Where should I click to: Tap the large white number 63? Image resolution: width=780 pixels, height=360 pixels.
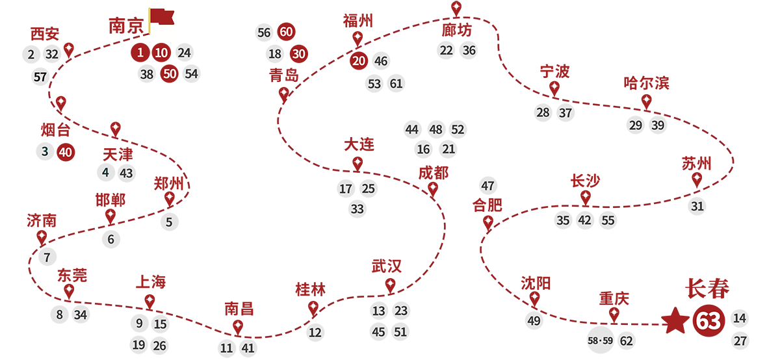[708, 322]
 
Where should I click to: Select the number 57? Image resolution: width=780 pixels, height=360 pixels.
[40, 77]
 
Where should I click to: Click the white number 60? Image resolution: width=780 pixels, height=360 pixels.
[286, 32]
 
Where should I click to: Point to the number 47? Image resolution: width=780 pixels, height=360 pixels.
[487, 186]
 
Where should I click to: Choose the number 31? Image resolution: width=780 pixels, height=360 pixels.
[697, 207]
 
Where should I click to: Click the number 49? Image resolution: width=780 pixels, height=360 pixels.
[534, 321]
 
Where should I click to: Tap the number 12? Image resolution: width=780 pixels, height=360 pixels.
[315, 333]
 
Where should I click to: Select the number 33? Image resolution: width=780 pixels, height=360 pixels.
[357, 209]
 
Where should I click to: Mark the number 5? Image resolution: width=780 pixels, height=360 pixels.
[169, 222]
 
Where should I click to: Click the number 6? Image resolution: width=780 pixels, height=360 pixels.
[110, 239]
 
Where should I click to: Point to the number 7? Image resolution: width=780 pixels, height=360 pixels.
[47, 257]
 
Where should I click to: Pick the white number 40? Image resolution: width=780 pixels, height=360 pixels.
[65, 152]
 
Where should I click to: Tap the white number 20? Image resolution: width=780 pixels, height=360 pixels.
[359, 61]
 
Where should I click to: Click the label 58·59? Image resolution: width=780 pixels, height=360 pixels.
[600, 341]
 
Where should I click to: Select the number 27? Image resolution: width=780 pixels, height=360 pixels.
[740, 341]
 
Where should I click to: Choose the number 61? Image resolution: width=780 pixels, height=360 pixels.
[396, 84]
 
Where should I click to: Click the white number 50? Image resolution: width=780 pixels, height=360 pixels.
[170, 74]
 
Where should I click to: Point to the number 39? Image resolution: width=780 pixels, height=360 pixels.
[658, 125]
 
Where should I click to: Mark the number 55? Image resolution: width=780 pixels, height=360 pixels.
[608, 220]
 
